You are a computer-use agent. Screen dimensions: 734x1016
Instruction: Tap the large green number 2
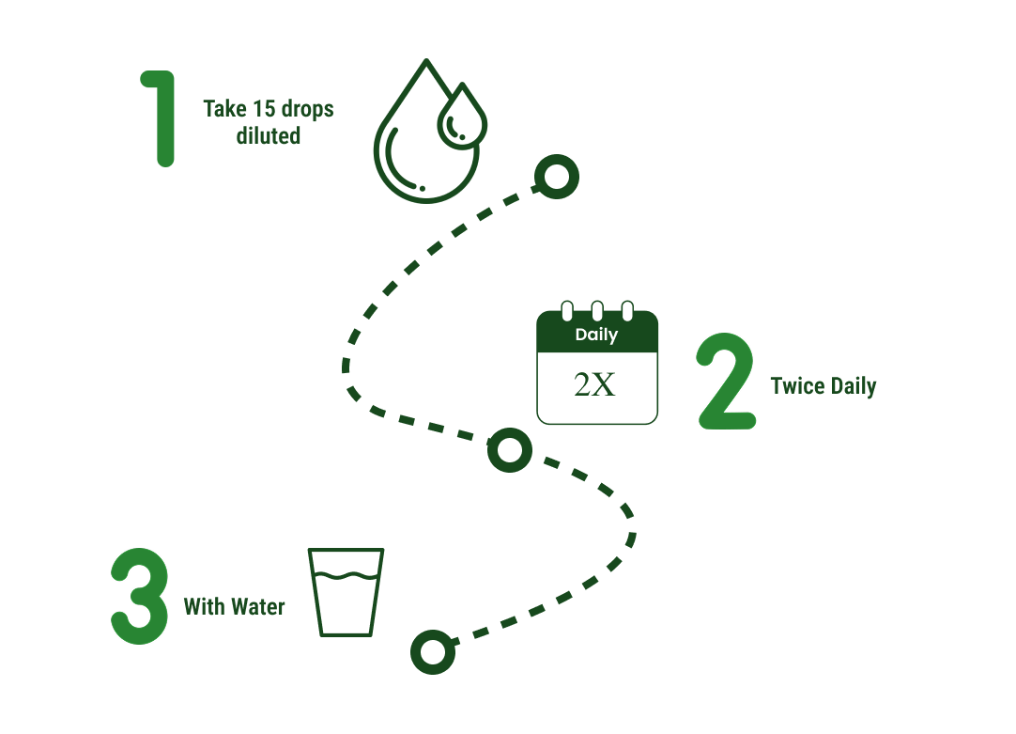[x=726, y=383]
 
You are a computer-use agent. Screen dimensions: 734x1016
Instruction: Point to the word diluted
[x=269, y=136]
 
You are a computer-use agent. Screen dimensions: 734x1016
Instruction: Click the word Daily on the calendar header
[x=596, y=335]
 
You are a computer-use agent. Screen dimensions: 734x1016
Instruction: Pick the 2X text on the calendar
[x=595, y=385]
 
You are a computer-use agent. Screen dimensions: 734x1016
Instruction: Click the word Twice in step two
[x=798, y=386]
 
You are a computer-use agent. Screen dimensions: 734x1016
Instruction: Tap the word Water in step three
[x=258, y=607]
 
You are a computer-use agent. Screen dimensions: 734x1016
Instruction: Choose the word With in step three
[x=205, y=607]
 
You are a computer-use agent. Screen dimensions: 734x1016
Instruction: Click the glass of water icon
[x=346, y=592]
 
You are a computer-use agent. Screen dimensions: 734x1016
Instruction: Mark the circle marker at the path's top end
[x=556, y=176]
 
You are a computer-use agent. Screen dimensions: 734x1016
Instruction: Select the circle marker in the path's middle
[x=510, y=450]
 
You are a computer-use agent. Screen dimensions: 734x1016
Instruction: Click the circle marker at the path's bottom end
[x=432, y=651]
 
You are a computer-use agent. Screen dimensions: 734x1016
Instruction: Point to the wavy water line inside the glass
[x=346, y=575]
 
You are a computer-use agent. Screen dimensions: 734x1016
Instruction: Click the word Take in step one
[x=224, y=109]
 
